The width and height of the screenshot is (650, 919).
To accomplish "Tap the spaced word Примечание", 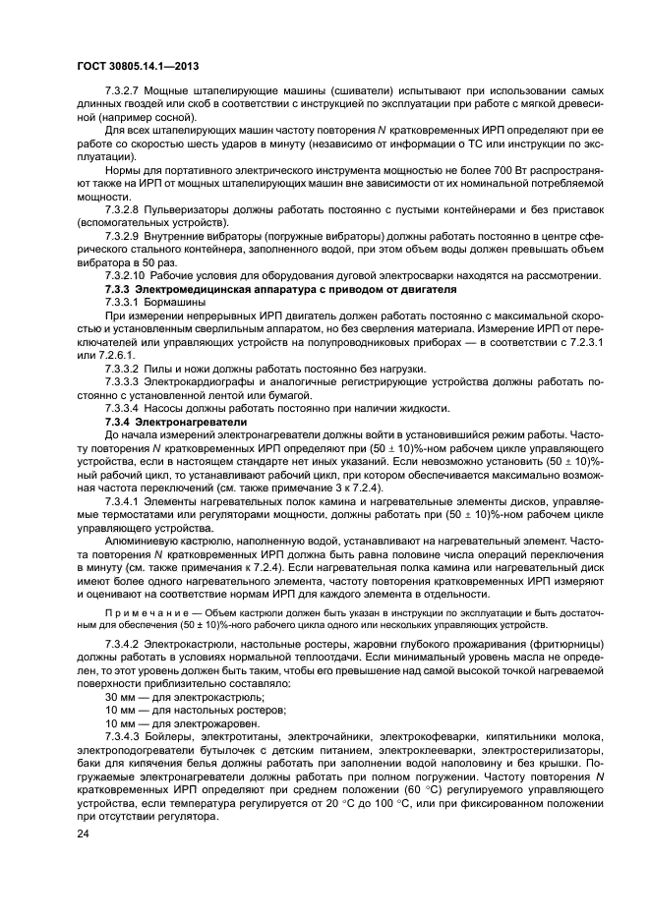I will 147,612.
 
